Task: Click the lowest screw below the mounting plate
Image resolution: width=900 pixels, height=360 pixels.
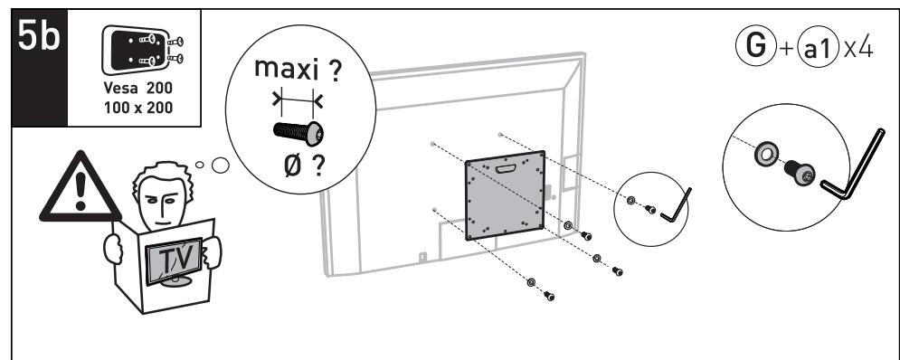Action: coord(548,295)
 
